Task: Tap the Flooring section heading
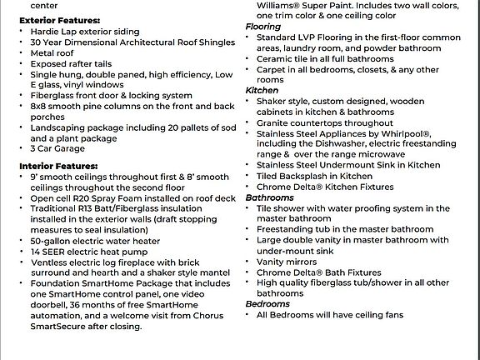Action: pyautogui.click(x=263, y=27)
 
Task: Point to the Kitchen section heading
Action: pyautogui.click(x=262, y=90)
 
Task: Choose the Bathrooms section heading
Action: pyautogui.click(x=269, y=197)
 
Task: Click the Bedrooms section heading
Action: pyautogui.click(x=267, y=305)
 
